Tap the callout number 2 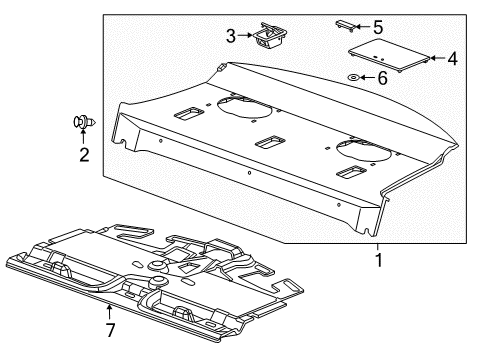tap(84, 154)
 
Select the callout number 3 tap(231, 37)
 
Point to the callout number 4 tap(452, 59)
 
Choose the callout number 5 tap(378, 27)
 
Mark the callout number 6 tap(380, 77)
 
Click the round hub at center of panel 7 tap(156, 265)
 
